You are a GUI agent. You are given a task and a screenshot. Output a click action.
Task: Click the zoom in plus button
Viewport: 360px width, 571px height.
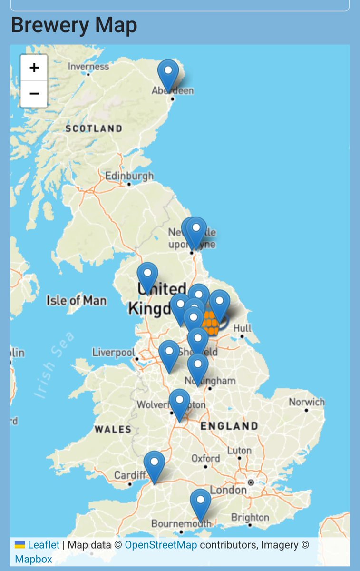click(x=34, y=68)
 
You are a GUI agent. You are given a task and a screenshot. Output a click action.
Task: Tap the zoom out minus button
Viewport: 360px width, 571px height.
click(x=34, y=94)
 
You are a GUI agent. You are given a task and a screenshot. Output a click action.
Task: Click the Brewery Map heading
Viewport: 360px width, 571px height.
click(x=74, y=25)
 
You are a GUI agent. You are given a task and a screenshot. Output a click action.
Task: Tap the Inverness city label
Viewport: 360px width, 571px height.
click(x=88, y=67)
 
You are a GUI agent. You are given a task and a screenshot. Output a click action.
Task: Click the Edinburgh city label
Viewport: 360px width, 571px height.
click(x=129, y=176)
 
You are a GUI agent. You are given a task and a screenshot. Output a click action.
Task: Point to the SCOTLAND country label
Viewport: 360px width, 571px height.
click(x=94, y=128)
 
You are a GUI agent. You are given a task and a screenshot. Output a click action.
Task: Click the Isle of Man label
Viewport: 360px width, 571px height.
click(x=76, y=300)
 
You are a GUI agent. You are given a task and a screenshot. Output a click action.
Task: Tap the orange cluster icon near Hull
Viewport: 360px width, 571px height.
click(x=210, y=323)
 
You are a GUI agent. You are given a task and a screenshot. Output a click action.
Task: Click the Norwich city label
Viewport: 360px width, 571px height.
click(x=307, y=402)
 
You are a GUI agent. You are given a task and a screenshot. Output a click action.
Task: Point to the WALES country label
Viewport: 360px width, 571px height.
click(x=113, y=429)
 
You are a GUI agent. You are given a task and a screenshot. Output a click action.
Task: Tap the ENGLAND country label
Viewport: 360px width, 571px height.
click(x=229, y=426)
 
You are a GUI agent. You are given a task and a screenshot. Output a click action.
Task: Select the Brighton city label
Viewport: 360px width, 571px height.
click(x=250, y=517)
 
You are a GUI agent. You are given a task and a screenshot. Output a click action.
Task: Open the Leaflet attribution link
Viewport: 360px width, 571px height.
click(x=43, y=545)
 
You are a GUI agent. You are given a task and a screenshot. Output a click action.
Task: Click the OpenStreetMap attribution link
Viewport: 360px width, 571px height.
click(x=161, y=545)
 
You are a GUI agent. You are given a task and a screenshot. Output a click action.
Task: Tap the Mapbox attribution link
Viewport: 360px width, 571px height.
click(x=33, y=559)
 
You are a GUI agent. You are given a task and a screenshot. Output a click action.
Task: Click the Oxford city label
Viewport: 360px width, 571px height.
click(x=205, y=458)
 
